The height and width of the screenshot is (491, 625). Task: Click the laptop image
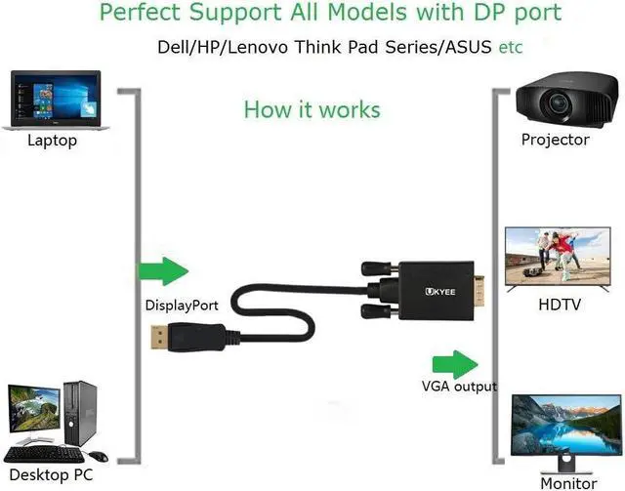tap(55, 102)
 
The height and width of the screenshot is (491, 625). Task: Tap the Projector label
tap(555, 140)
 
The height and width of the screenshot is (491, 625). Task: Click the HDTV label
tap(560, 305)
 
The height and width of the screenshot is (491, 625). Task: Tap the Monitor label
tap(567, 483)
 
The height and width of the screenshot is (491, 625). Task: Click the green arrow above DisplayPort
tap(161, 271)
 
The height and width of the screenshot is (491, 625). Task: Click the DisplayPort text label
tap(182, 306)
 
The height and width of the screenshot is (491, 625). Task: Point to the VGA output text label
tap(459, 386)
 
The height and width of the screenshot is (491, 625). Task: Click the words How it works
tap(312, 108)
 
